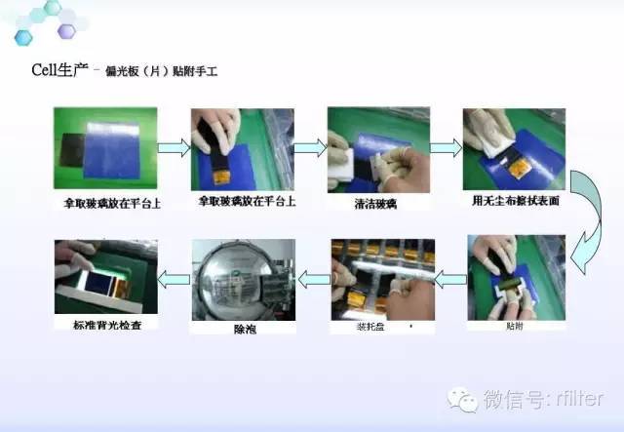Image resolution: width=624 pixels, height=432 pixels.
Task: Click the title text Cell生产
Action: (59, 71)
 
